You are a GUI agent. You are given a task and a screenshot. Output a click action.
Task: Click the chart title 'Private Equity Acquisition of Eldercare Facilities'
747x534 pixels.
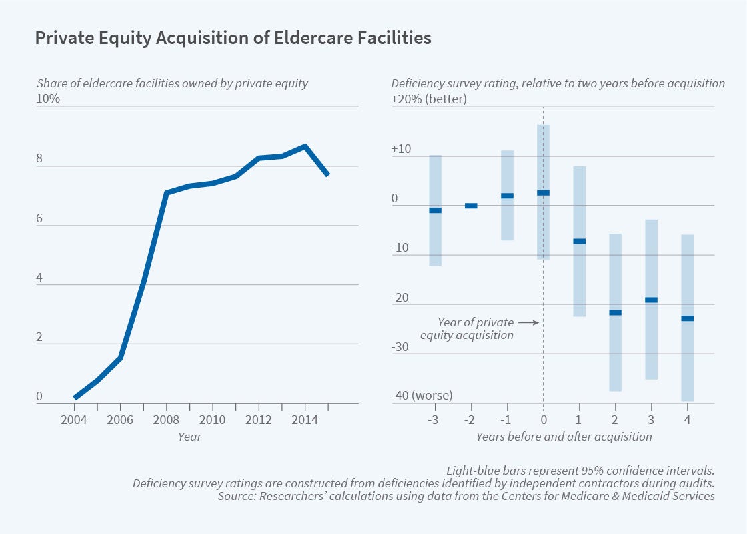[x=233, y=39]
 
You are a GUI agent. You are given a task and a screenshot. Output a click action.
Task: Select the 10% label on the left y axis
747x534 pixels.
[x=48, y=99]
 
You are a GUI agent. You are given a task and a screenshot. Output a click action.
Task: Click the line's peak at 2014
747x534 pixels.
[x=304, y=146]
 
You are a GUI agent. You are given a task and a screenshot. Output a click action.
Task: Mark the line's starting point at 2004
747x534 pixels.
[x=75, y=398]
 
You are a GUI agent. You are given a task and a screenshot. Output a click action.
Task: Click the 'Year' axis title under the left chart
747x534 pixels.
[x=189, y=437]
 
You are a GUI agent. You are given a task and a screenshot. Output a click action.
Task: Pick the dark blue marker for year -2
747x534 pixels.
[x=471, y=206]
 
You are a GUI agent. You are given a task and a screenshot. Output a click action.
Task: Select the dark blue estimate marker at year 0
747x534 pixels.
[x=543, y=192]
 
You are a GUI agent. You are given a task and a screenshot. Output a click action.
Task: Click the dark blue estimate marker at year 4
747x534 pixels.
[x=687, y=318]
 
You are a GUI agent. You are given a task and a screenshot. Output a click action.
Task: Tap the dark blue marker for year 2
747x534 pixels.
[x=615, y=312]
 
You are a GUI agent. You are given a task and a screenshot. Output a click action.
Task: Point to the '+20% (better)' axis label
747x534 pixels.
[x=429, y=99]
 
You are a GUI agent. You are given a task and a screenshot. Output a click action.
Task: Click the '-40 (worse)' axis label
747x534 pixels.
[x=422, y=396]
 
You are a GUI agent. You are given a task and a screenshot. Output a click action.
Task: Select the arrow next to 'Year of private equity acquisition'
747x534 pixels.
[x=528, y=322]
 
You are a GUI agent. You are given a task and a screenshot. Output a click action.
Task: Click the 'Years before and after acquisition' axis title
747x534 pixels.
[x=564, y=437]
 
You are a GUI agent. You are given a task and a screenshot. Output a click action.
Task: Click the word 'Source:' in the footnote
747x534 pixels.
[x=234, y=497]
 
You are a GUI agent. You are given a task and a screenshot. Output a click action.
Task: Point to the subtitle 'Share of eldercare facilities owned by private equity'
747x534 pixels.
[x=172, y=83]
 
